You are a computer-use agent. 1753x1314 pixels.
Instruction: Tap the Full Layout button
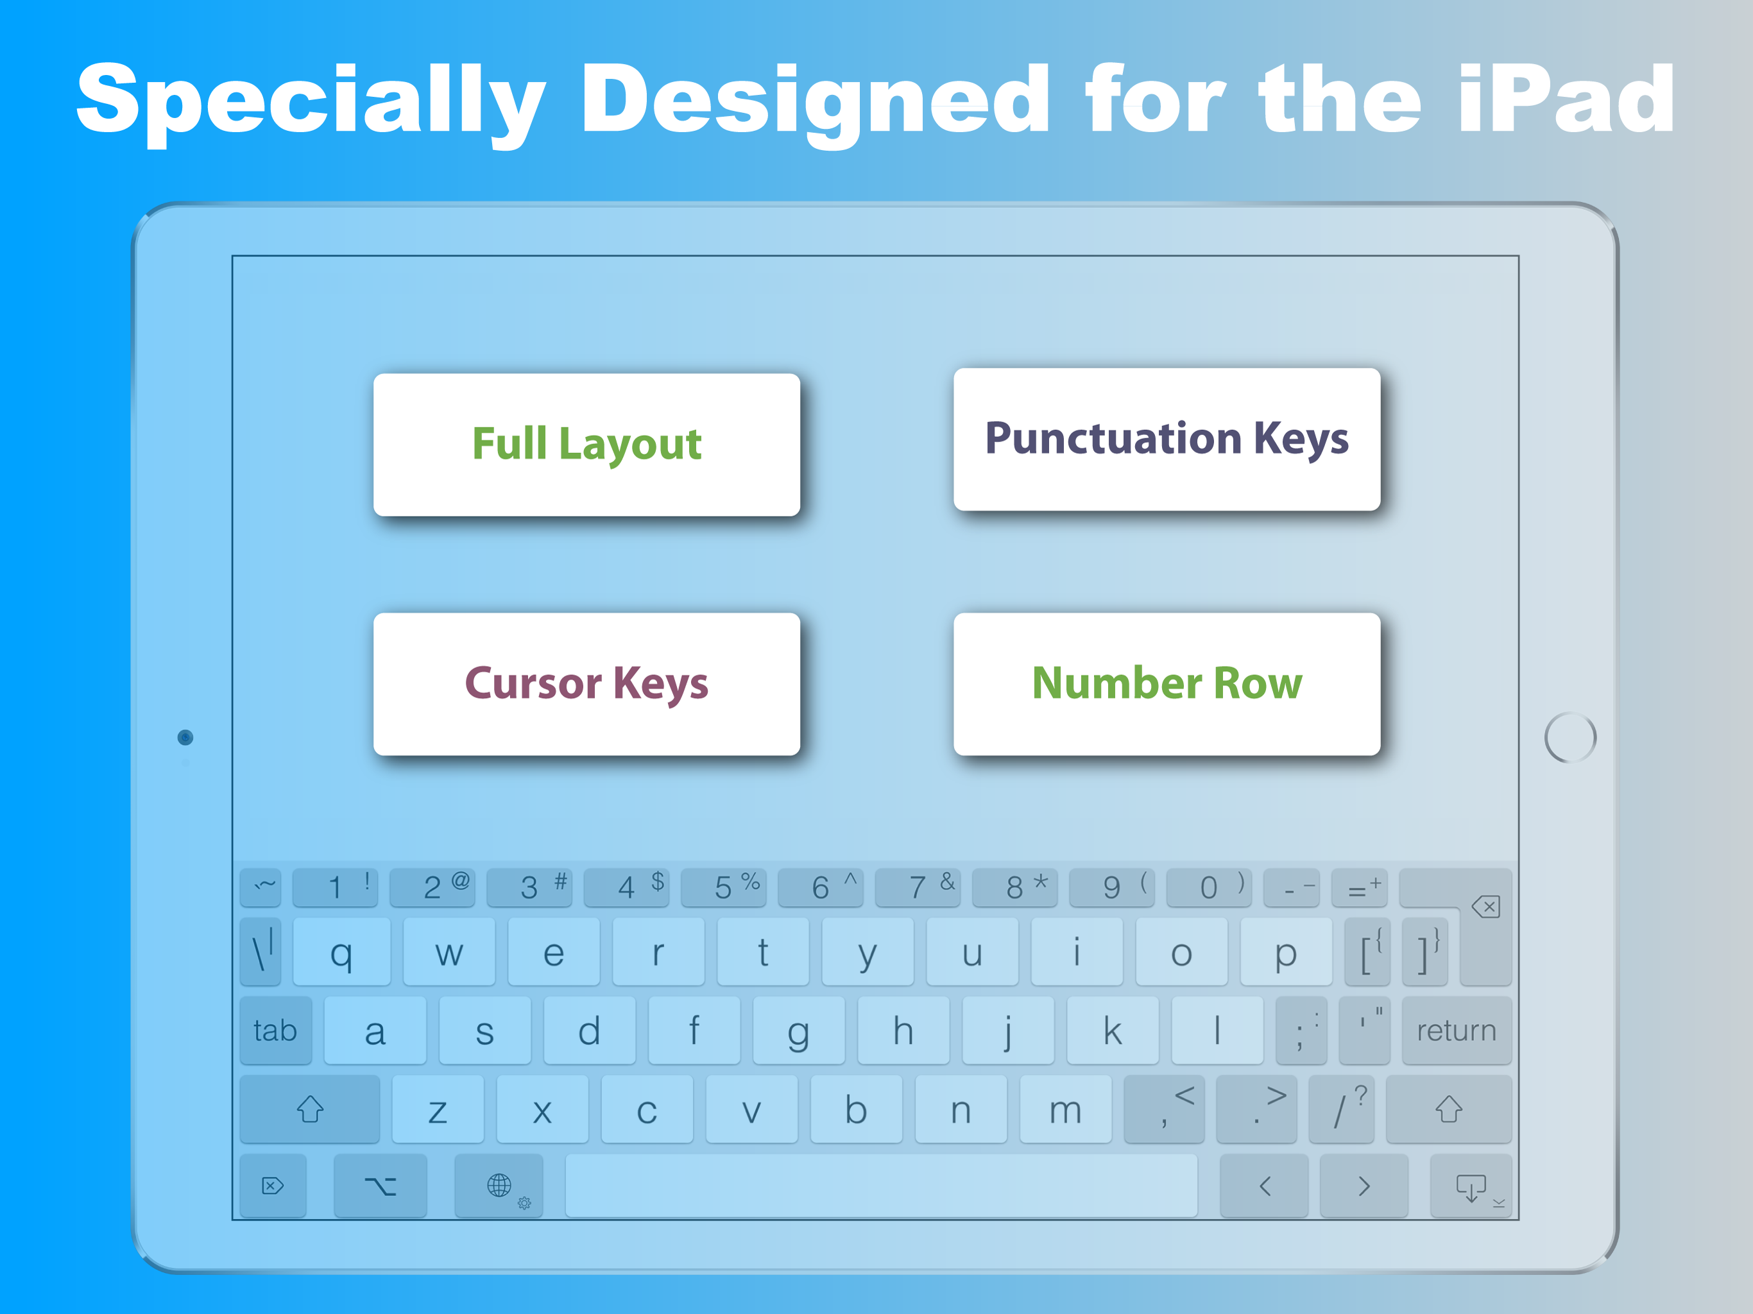[x=586, y=445]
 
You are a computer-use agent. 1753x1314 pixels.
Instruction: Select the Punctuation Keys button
[x=1167, y=439]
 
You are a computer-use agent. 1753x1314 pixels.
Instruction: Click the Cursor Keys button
[x=586, y=684]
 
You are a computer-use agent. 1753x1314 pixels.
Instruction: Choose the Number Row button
[x=1167, y=684]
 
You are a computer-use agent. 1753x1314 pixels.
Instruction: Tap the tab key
[x=275, y=1030]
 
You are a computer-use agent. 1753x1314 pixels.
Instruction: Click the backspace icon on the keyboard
[x=1485, y=907]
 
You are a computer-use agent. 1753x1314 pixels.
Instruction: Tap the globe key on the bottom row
[x=499, y=1186]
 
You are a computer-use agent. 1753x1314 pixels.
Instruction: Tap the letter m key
[x=1065, y=1109]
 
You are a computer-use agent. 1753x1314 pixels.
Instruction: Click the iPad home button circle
[x=1570, y=738]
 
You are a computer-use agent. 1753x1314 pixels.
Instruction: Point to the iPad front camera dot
[x=185, y=738]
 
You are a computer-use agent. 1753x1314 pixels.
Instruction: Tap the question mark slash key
[x=1341, y=1109]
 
